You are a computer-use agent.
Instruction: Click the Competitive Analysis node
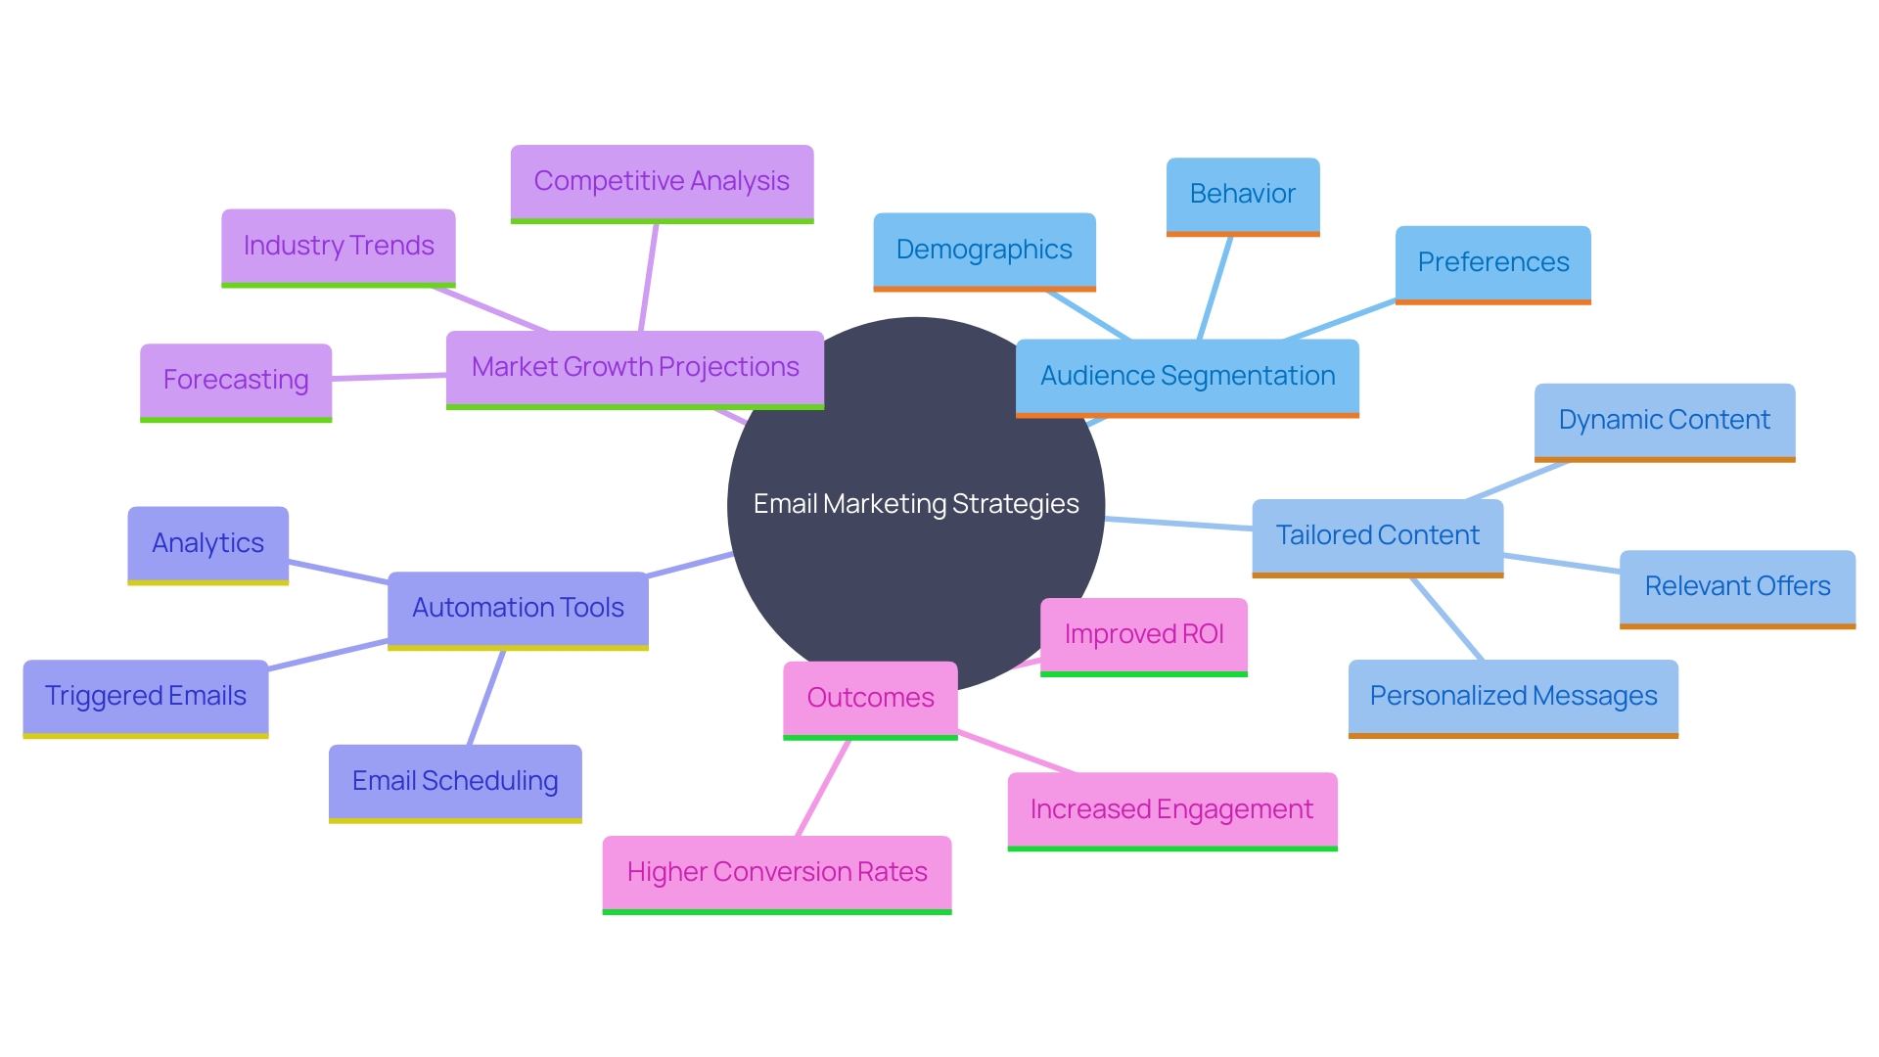point(662,182)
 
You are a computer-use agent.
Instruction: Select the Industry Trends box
point(339,246)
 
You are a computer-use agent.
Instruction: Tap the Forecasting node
point(236,380)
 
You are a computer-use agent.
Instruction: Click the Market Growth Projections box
point(635,367)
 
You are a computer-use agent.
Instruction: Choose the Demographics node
point(984,250)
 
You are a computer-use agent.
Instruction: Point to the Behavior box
point(1242,194)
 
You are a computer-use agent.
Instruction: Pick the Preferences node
point(1492,262)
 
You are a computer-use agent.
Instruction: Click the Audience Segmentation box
point(1187,376)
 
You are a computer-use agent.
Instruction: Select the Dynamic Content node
point(1664,420)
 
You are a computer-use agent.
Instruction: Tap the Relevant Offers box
point(1737,586)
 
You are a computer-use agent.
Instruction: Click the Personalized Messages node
point(1513,696)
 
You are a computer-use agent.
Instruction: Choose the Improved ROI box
point(1143,634)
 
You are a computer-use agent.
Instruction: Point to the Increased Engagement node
point(1171,809)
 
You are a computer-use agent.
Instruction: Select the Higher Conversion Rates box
point(777,872)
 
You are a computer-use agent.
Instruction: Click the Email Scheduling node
point(455,781)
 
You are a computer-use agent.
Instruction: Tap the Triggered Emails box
point(146,696)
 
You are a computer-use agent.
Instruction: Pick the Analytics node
point(207,543)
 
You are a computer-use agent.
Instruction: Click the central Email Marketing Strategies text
point(916,504)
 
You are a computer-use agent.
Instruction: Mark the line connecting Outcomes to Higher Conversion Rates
point(823,788)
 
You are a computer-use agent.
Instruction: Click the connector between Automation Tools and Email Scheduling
point(486,698)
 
